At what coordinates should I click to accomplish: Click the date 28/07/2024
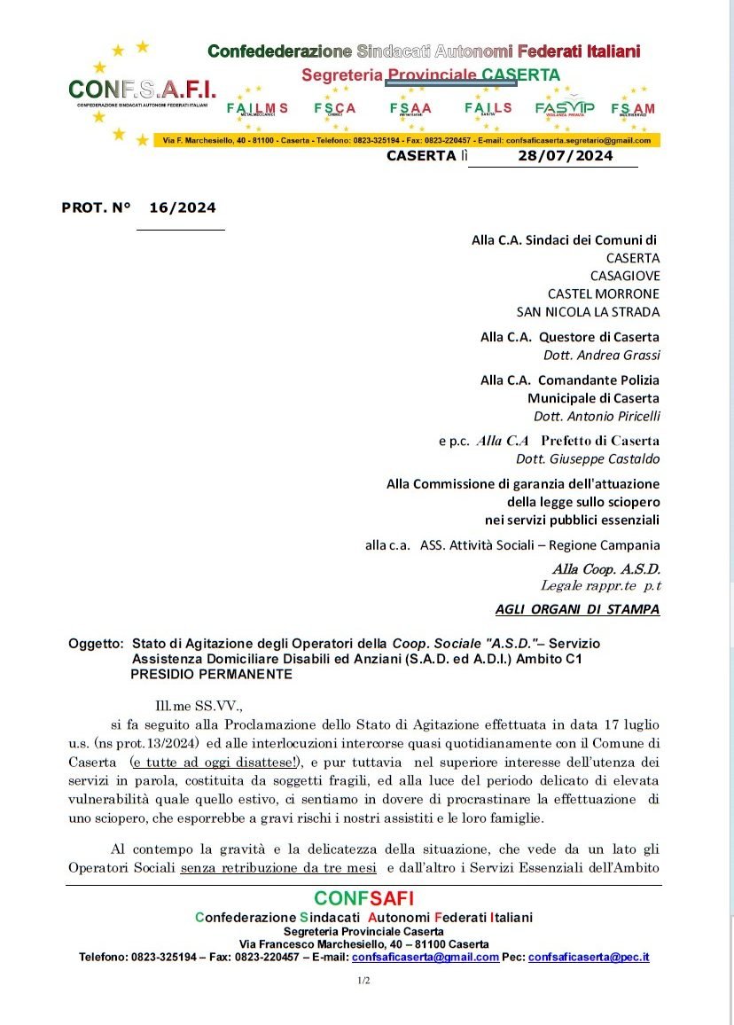click(x=565, y=156)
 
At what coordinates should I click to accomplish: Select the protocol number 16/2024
click(x=183, y=207)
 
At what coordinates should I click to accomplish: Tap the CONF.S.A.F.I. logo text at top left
click(x=142, y=89)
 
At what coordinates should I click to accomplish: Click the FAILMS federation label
click(x=257, y=108)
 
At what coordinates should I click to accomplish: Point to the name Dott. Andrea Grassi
click(x=602, y=356)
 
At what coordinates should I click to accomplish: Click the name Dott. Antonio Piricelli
click(x=597, y=416)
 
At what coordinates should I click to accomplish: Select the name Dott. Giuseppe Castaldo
click(x=588, y=459)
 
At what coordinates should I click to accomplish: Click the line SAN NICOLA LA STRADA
click(x=589, y=311)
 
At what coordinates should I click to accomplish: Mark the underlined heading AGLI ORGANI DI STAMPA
click(x=577, y=609)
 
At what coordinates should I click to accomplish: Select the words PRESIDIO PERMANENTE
click(x=211, y=674)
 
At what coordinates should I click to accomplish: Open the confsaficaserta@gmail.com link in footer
click(x=426, y=957)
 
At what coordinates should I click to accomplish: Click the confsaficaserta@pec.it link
click(x=589, y=957)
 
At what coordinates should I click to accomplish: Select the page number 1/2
click(x=363, y=981)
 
